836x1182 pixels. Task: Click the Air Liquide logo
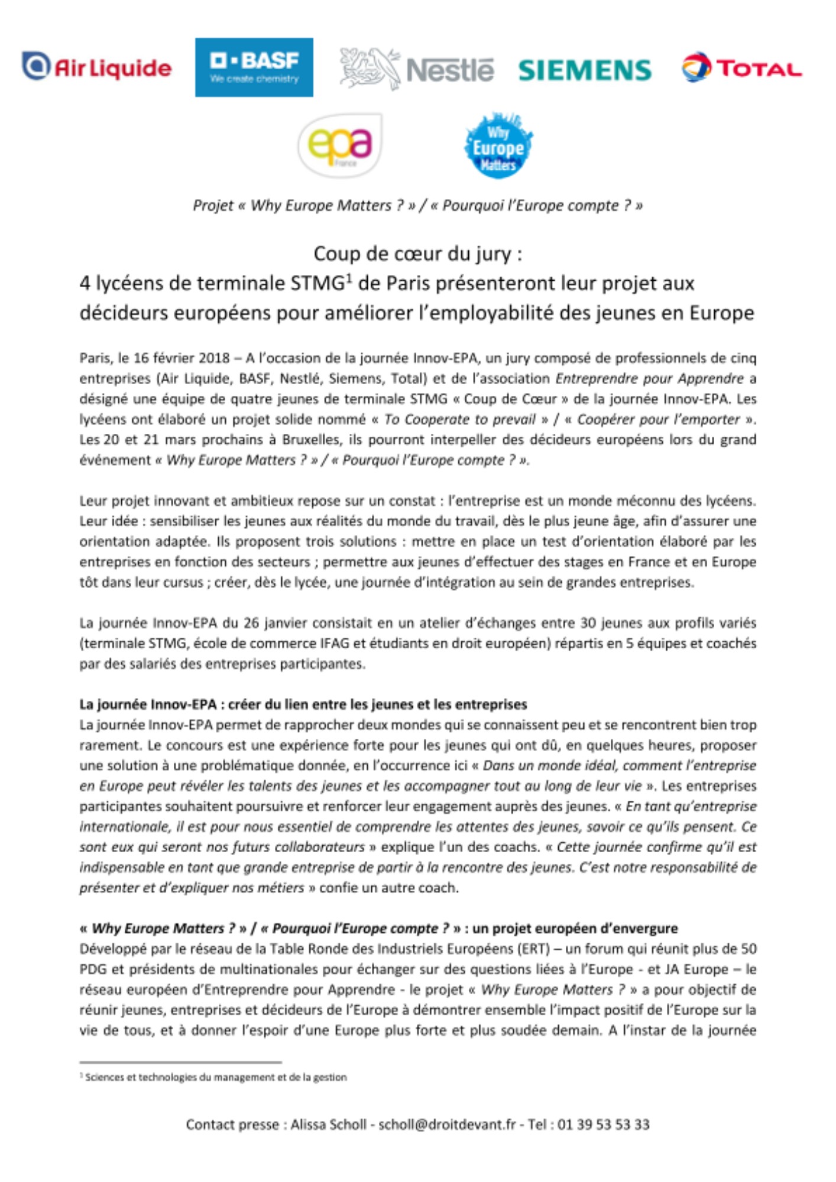click(97, 67)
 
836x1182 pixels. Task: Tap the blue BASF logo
click(254, 67)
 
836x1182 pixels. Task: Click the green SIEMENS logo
click(585, 70)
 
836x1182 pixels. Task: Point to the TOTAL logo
click(742, 68)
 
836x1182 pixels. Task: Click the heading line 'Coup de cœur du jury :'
click(417, 254)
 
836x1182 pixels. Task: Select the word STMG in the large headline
click(317, 284)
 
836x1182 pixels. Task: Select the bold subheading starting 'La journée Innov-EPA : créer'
click(303, 704)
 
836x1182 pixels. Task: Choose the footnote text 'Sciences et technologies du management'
click(216, 1077)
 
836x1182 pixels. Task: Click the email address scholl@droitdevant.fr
click(447, 1125)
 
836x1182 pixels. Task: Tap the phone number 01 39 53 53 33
click(603, 1125)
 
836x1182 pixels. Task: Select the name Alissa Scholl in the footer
click(328, 1125)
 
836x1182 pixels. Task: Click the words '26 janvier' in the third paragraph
click(274, 623)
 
